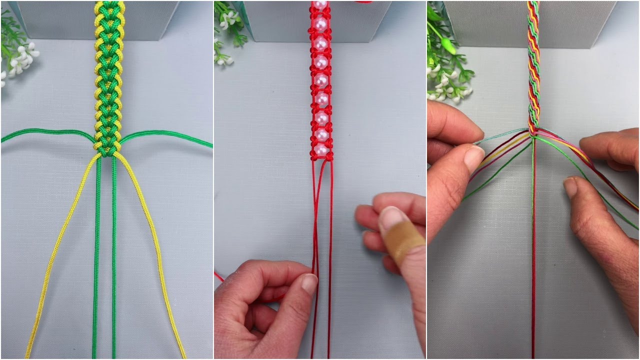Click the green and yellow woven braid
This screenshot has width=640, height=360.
107,75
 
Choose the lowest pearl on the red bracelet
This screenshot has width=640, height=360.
322,149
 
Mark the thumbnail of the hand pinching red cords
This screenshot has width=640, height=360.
309,283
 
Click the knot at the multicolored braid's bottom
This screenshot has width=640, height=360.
533,133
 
